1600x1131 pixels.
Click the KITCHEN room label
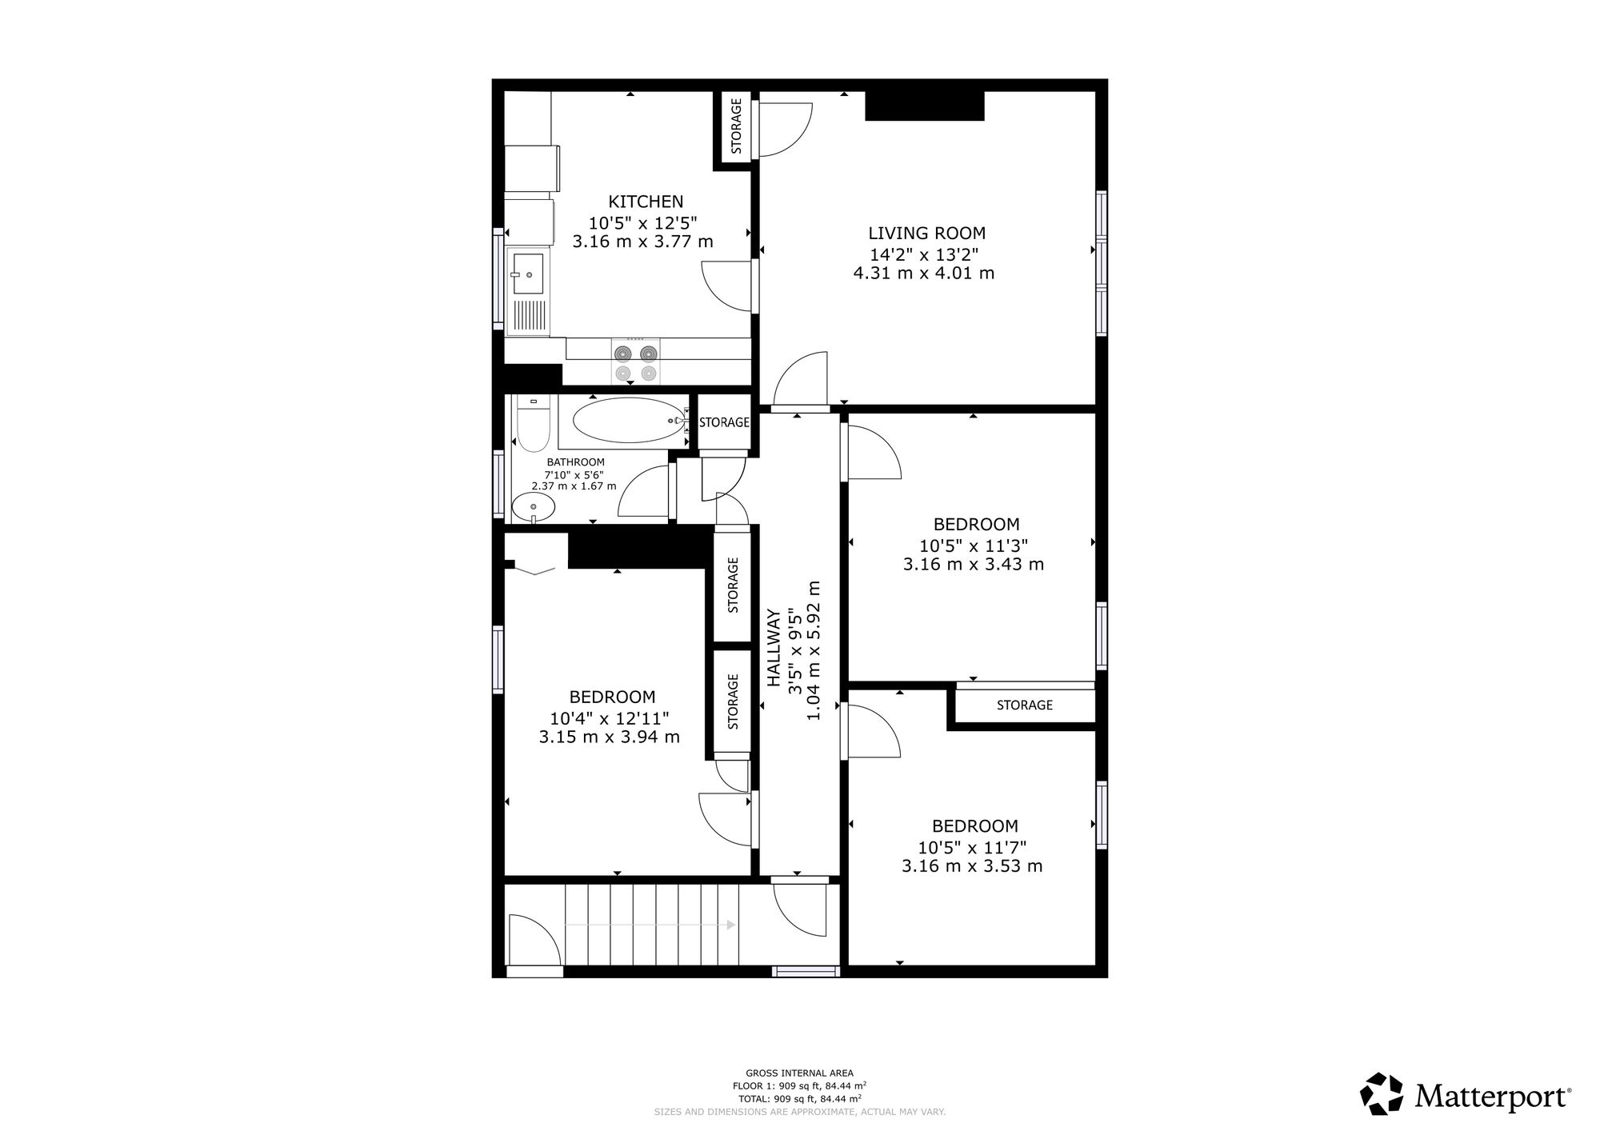coord(646,202)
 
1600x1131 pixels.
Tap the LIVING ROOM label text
coord(926,233)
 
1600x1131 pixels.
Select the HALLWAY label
coord(774,648)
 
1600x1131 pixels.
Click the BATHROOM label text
coord(575,462)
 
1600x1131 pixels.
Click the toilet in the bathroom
coord(532,424)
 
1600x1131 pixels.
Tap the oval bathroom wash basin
coord(533,506)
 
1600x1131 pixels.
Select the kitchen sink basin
coord(527,274)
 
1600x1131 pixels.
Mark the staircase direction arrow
coord(650,925)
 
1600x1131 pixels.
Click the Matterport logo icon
coord(1382,1093)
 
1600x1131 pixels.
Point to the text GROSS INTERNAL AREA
coord(799,1073)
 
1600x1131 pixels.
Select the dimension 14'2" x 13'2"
coord(924,254)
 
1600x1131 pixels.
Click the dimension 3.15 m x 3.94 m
coord(609,737)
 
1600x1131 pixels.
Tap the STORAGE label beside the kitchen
coord(736,126)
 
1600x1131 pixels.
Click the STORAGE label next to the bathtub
coord(724,422)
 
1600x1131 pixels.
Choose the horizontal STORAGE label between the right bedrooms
coord(1024,705)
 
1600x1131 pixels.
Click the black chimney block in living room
coord(924,106)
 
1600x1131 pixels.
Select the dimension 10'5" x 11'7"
coord(972,847)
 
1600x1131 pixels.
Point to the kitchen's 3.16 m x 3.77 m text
coord(642,241)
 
